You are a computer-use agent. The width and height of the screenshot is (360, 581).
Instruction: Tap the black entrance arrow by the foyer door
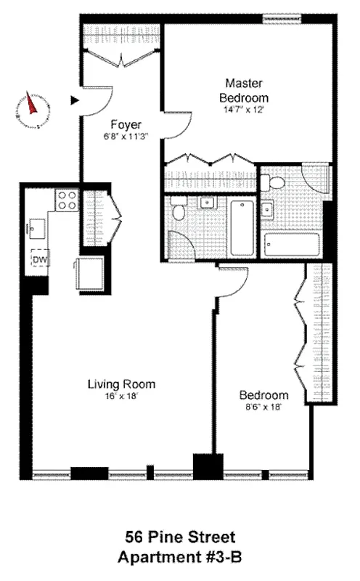pos(74,101)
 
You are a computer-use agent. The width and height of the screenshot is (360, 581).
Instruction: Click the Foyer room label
pos(125,124)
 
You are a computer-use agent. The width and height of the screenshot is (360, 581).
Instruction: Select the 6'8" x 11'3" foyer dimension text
pos(125,135)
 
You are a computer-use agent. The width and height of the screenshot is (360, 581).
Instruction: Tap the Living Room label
pos(121,384)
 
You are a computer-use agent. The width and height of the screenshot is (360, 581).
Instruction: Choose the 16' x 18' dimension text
pos(121,396)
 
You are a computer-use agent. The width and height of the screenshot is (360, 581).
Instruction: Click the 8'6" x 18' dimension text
pos(264,407)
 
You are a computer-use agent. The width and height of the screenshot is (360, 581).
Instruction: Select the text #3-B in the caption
pos(221,558)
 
